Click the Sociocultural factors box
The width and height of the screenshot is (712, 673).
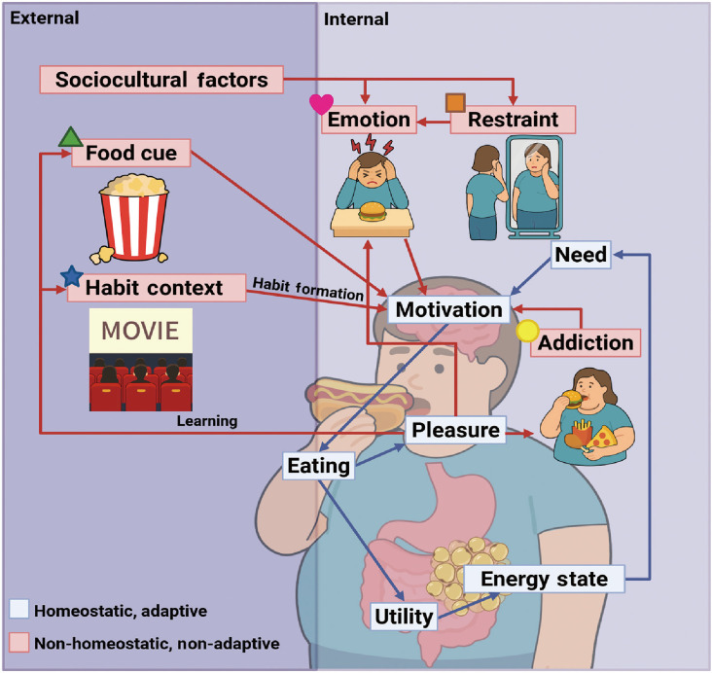(161, 79)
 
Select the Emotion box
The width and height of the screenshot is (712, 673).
(369, 120)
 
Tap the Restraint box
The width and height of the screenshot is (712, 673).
(512, 120)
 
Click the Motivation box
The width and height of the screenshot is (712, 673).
(447, 310)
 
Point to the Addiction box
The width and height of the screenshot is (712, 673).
(586, 342)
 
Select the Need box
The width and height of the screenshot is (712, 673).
(582, 256)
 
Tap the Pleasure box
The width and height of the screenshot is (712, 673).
(455, 429)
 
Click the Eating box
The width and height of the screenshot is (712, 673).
(318, 466)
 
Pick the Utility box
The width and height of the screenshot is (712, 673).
(402, 615)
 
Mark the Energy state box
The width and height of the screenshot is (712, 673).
(544, 580)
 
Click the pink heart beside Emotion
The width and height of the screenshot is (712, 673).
(321, 104)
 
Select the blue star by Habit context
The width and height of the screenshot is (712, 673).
(71, 276)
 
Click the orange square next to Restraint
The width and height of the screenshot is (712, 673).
(455, 103)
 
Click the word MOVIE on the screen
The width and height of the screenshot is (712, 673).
(140, 331)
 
